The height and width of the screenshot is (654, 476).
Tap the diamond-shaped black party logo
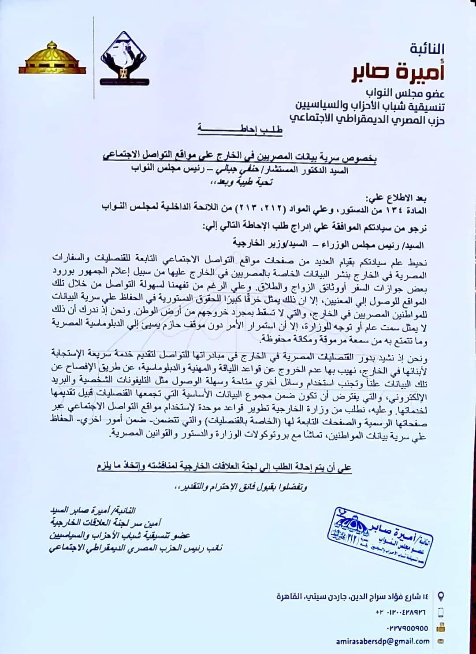point(125,59)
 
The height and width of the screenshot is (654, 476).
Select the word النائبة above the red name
point(427,48)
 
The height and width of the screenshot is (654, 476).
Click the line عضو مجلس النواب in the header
point(405,93)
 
